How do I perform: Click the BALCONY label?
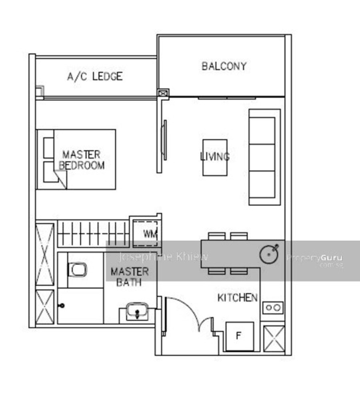tap(224, 66)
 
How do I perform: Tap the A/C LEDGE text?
tap(95, 76)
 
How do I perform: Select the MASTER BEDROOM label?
tap(82, 160)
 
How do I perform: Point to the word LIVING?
tap(215, 156)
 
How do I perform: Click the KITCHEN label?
tap(237, 298)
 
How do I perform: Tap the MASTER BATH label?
tap(130, 277)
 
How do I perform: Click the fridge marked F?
tap(240, 337)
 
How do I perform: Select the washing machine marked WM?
tap(146, 233)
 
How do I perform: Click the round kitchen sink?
tap(269, 254)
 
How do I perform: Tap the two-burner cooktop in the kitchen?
tap(273, 308)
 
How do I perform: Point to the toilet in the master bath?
tap(77, 270)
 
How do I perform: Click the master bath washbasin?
tap(137, 311)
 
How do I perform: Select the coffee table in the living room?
tap(215, 158)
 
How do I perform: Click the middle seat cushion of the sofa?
tap(262, 158)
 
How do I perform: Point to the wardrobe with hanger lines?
tap(93, 234)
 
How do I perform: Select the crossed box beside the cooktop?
tap(274, 339)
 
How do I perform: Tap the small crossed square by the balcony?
tap(163, 93)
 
